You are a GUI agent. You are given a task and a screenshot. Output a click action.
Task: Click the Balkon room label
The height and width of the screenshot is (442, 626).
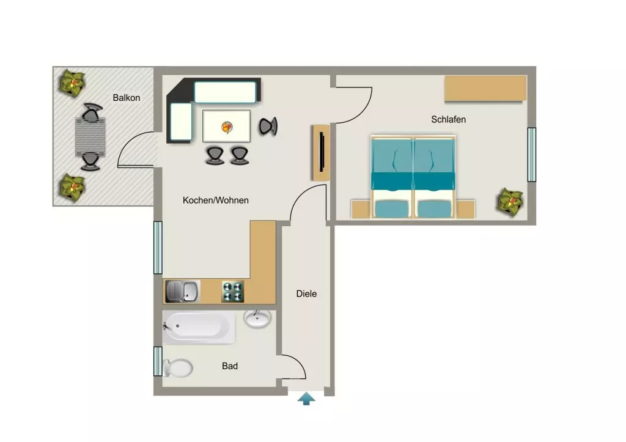126,98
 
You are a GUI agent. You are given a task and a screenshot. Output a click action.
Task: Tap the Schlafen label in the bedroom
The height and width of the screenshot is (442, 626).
448,119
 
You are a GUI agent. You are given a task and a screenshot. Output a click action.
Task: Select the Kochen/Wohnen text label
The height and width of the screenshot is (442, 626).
216,201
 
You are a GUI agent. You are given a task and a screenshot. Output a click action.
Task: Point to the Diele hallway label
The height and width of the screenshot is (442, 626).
306,294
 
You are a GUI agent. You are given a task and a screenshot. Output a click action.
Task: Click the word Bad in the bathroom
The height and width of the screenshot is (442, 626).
230,366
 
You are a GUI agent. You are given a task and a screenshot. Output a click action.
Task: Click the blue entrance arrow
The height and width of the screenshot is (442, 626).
306,399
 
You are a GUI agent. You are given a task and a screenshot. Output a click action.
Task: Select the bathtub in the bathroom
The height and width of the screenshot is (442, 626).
199,328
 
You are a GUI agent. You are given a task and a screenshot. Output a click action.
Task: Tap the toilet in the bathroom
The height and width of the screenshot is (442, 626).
178,368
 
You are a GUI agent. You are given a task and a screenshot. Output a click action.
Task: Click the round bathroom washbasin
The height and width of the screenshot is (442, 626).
257,319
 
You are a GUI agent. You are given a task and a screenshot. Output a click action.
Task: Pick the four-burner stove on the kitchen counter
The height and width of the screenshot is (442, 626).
233,292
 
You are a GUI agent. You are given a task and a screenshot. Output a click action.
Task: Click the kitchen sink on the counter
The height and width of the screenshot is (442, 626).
182,292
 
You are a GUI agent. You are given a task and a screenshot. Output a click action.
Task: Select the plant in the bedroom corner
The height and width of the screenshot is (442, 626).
510,202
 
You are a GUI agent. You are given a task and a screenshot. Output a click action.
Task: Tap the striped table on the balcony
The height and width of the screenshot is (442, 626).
90,137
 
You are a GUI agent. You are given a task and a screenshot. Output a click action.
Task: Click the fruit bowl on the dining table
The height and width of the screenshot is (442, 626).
227,127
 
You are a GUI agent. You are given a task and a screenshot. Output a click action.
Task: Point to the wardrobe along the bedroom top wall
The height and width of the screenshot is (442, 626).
485,88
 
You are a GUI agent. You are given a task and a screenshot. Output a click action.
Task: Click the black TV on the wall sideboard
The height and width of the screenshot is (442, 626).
322,152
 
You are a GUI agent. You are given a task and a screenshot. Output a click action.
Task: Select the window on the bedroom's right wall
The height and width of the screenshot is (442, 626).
532,155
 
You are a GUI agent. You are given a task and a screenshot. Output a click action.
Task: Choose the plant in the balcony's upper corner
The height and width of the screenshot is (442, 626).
72,83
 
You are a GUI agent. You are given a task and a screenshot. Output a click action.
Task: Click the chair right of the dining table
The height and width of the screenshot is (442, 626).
268,127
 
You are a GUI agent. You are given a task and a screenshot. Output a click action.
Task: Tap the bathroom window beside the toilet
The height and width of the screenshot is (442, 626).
158,361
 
